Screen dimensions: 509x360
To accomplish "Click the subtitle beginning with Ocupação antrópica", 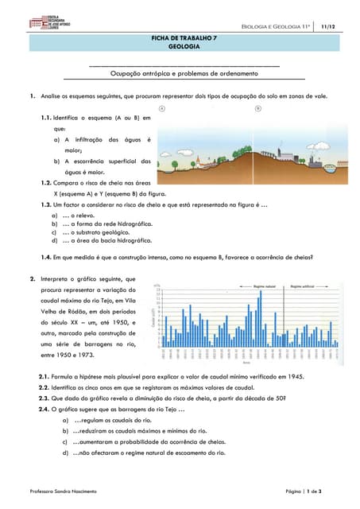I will [x=183, y=73].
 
